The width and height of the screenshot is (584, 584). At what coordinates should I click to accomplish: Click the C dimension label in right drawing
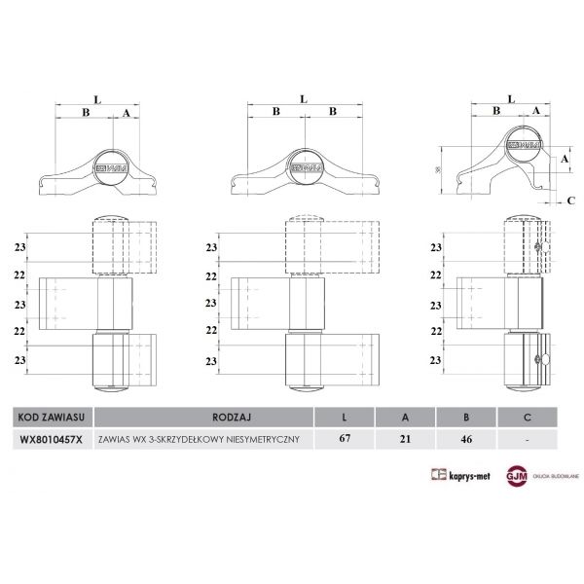point(570,201)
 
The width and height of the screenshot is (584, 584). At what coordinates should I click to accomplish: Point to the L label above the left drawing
point(96,98)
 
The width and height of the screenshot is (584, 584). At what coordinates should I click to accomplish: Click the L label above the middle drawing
point(304,98)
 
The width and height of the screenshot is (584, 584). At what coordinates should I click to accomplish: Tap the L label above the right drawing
point(511,98)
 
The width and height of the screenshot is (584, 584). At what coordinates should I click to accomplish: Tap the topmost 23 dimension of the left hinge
point(20,248)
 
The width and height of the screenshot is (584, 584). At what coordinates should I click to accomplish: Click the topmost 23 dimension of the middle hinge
point(211,248)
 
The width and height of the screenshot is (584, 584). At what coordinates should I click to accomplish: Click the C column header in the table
point(528,416)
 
